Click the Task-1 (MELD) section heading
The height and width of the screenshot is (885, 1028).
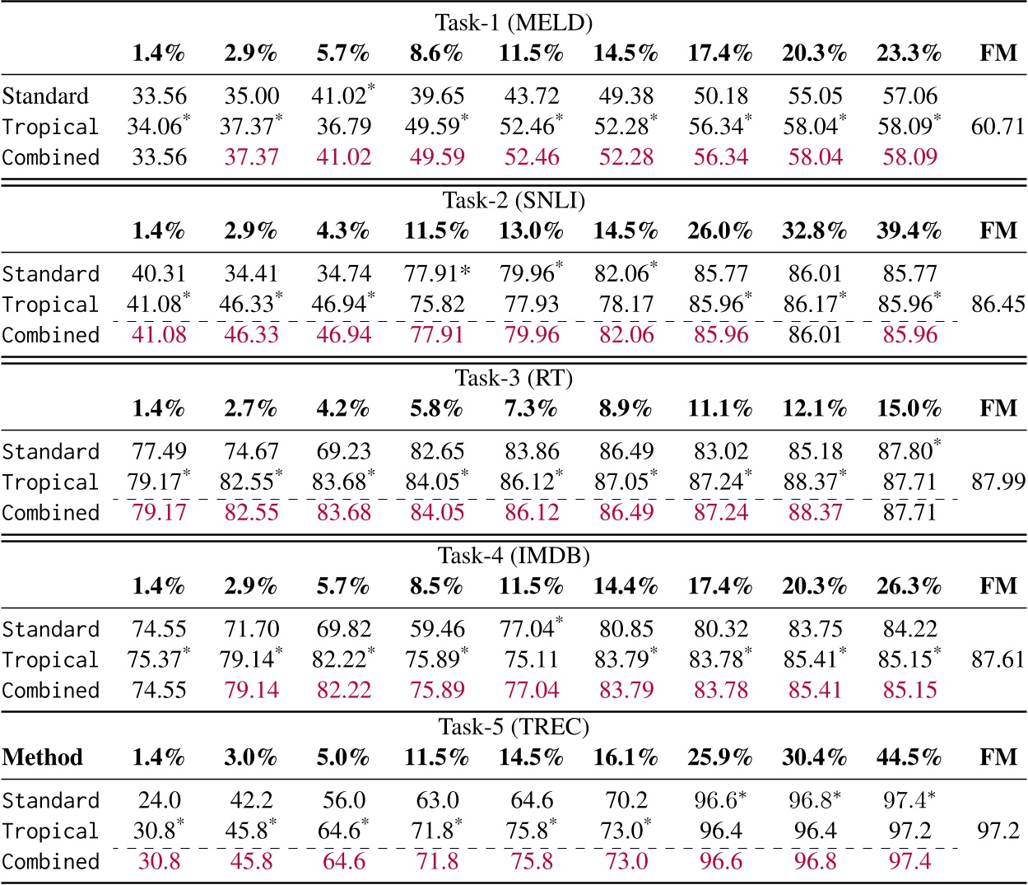pyautogui.click(x=514, y=22)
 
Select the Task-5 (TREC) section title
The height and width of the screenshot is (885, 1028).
pyautogui.click(x=514, y=727)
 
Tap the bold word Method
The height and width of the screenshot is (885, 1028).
pyautogui.click(x=43, y=757)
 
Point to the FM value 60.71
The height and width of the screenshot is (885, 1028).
pyautogui.click(x=998, y=127)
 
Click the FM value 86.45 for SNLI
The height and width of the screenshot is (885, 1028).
pyautogui.click(x=998, y=305)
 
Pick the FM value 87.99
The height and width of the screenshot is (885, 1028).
pyautogui.click(x=998, y=482)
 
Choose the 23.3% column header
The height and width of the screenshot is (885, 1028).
pyautogui.click(x=909, y=54)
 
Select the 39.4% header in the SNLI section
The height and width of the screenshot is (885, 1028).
pyautogui.click(x=909, y=231)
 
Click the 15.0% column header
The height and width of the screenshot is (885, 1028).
pyautogui.click(x=909, y=409)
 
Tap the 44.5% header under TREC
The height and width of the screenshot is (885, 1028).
pyautogui.click(x=909, y=757)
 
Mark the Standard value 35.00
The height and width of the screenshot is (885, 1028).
pyautogui.click(x=251, y=96)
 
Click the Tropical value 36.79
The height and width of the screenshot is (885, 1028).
pyautogui.click(x=344, y=127)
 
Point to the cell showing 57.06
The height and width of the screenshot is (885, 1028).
pyautogui.click(x=909, y=96)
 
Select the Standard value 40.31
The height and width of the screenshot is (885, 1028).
pyautogui.click(x=159, y=274)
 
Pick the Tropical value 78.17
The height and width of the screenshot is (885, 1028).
pyautogui.click(x=626, y=305)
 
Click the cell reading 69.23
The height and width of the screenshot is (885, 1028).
pyautogui.click(x=344, y=452)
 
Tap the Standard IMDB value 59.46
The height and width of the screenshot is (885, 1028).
pyautogui.click(x=437, y=630)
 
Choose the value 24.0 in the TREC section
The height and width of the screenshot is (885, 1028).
pyautogui.click(x=159, y=801)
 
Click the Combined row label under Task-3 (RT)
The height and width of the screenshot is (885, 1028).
pyautogui.click(x=51, y=513)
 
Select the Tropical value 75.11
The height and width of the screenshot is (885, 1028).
pyautogui.click(x=532, y=660)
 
